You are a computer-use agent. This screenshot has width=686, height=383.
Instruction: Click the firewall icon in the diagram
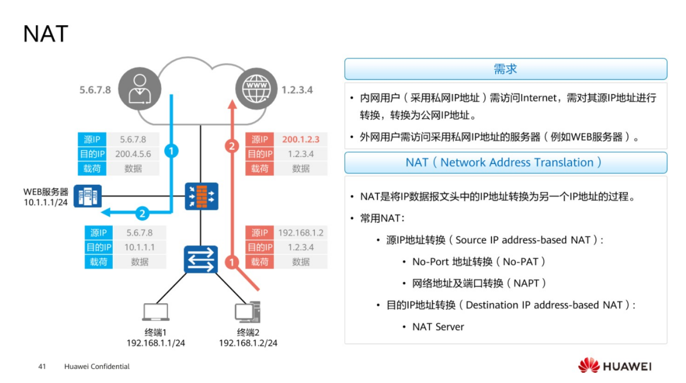201,196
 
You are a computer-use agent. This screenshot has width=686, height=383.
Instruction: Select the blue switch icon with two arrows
201,259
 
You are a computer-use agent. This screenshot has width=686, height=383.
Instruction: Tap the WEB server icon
88,196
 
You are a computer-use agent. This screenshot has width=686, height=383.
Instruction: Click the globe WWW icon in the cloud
255,89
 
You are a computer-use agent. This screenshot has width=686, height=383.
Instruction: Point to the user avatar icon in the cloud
139,89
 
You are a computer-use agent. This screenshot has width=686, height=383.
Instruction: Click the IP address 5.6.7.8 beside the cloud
95,90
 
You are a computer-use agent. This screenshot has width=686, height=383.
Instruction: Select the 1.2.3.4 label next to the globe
297,90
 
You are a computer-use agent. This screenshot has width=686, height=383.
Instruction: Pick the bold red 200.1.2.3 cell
300,139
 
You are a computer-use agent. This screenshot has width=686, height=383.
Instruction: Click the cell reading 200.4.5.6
133,154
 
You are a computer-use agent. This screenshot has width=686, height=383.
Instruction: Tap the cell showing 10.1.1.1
140,247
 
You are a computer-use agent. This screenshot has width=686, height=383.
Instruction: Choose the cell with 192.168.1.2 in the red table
300,233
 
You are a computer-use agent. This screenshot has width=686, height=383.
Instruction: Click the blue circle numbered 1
171,151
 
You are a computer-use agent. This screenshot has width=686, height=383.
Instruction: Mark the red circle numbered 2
232,146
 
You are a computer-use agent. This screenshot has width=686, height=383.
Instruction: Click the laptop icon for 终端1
156,312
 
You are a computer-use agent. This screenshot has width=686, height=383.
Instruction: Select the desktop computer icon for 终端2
248,312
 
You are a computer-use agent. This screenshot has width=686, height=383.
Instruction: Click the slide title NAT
46,34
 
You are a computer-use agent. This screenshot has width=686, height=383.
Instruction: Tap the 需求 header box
505,69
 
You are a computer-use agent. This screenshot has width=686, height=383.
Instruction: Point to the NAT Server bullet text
438,327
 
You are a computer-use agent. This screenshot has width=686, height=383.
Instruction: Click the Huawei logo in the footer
614,366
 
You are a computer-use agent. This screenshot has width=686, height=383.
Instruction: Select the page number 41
43,366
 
